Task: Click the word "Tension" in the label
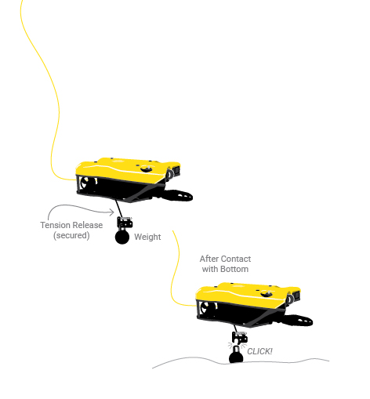55,225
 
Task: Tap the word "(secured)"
71,235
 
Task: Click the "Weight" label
147,237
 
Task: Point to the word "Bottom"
234,269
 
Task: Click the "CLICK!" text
259,351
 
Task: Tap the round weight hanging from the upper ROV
122,237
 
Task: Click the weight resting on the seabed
236,355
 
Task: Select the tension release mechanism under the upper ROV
125,223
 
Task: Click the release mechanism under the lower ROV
240,337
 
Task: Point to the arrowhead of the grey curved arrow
112,212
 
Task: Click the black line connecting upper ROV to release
118,209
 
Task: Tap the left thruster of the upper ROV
88,183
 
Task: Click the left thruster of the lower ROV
208,307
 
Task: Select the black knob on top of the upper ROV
147,169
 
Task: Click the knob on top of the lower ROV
267,294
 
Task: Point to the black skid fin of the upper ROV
177,195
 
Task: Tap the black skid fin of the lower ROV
297,321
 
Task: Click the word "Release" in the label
87,225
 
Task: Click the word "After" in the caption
208,259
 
